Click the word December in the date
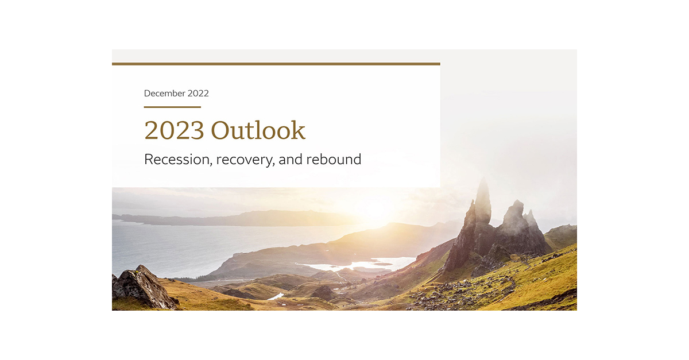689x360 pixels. tap(164, 93)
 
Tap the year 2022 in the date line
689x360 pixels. tap(197, 93)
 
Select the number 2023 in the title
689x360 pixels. tap(173, 130)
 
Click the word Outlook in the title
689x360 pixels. tap(258, 130)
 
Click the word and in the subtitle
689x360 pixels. tap(290, 159)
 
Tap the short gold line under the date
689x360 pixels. tap(172, 107)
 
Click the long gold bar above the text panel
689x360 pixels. tap(276, 64)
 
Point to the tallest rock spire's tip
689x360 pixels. tap(483, 183)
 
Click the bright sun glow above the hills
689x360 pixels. tap(376, 208)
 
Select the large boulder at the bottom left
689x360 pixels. tap(142, 288)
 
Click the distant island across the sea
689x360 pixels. tap(241, 218)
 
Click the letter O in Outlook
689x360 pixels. tap(221, 130)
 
